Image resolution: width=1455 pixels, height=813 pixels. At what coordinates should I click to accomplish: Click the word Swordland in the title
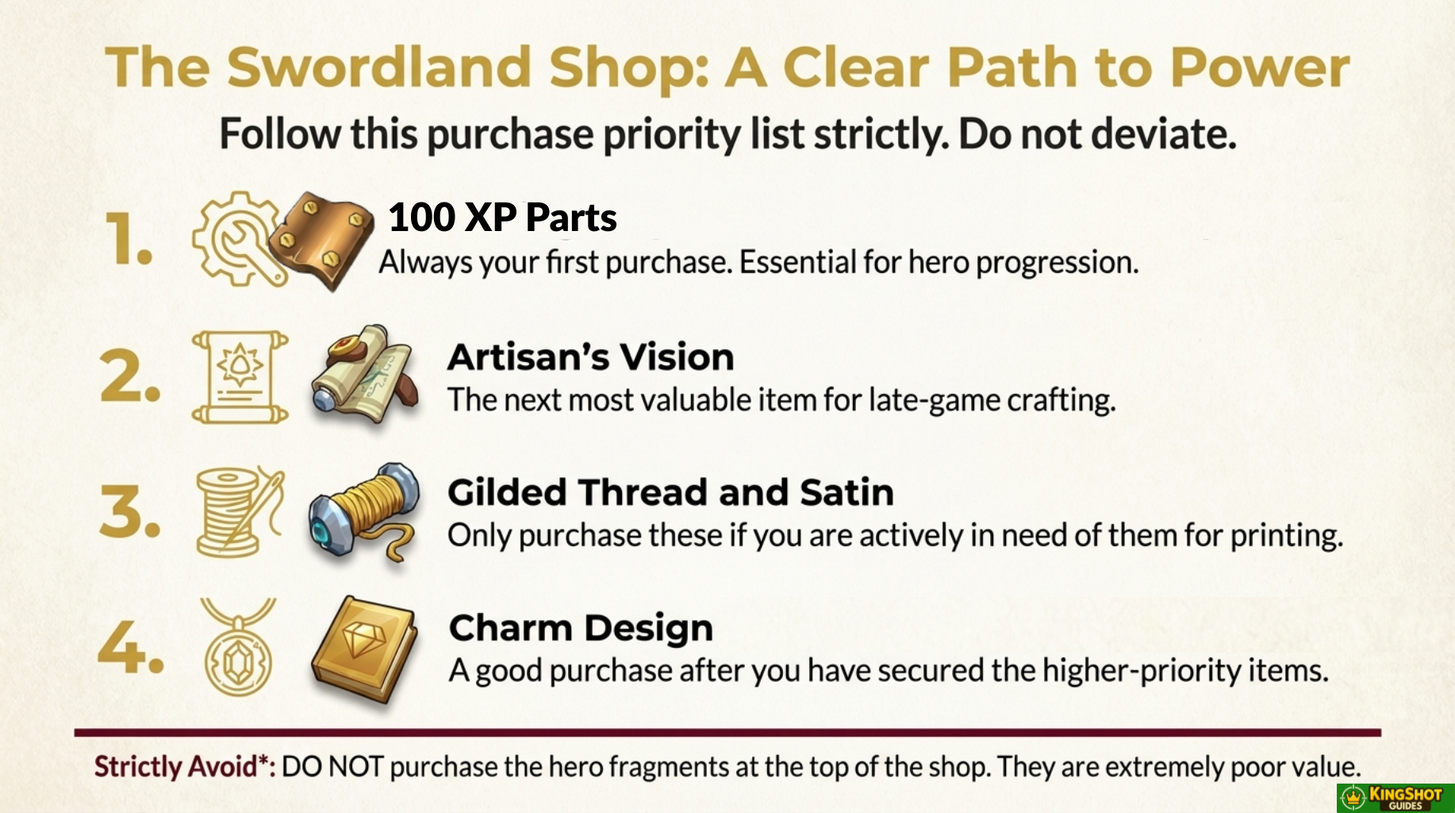[379, 67]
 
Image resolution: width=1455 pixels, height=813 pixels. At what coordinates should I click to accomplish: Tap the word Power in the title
[1260, 67]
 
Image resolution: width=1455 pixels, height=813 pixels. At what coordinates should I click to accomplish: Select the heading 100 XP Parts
[502, 218]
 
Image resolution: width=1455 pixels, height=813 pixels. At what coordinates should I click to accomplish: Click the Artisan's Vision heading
[591, 357]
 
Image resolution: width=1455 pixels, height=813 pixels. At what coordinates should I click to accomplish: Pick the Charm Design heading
[581, 629]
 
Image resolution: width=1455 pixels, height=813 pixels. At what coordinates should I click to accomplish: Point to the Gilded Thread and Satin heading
[670, 492]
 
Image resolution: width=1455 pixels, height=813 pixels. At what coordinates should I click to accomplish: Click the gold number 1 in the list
[129, 239]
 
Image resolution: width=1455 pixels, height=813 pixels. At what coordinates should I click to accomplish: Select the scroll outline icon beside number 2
[240, 377]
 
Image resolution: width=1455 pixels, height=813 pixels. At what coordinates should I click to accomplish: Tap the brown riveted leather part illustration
[321, 240]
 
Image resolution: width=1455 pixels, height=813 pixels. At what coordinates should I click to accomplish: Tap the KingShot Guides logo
[1395, 797]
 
